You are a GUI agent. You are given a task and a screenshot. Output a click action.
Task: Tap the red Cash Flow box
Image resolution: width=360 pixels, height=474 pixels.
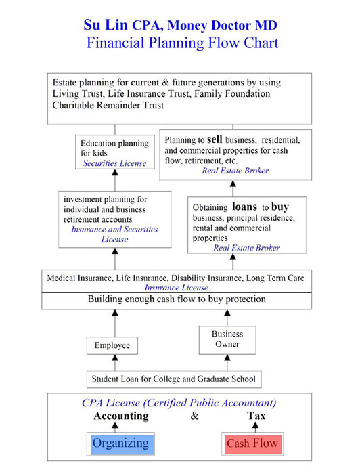click(252, 444)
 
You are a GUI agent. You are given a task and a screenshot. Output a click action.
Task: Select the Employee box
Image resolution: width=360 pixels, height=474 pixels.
click(112, 345)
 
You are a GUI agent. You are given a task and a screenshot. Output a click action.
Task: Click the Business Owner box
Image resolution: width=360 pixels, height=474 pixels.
click(227, 340)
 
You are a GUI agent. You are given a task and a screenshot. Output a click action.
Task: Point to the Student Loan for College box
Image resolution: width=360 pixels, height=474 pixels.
click(174, 379)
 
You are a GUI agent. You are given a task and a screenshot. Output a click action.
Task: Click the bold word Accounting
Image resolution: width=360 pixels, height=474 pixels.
click(121, 416)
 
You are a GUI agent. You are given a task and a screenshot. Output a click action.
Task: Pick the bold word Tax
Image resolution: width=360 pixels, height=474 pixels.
click(256, 416)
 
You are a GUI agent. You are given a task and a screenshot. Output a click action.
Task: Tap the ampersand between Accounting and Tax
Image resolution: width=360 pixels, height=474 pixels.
click(195, 416)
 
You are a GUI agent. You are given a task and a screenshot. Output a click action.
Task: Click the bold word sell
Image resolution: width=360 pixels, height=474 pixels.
click(215, 139)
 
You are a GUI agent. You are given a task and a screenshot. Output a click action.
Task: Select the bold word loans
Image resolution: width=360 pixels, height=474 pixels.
click(245, 207)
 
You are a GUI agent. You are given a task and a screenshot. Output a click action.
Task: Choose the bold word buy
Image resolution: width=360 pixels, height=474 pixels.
click(280, 207)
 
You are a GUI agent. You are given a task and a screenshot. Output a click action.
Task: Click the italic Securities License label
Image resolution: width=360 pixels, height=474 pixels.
click(114, 163)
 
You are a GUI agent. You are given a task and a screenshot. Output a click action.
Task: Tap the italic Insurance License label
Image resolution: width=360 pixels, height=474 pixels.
click(177, 288)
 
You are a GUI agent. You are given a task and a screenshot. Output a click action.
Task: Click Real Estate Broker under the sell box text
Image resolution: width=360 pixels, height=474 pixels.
click(235, 171)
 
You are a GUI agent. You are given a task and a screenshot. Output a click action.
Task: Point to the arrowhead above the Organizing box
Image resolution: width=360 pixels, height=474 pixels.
click(115, 425)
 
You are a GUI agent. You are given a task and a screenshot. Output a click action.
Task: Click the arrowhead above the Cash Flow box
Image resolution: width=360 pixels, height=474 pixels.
click(256, 425)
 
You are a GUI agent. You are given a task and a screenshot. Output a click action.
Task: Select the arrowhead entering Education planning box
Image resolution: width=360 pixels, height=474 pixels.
click(115, 172)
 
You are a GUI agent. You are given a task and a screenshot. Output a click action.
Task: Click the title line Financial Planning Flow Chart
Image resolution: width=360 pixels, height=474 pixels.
click(183, 43)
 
